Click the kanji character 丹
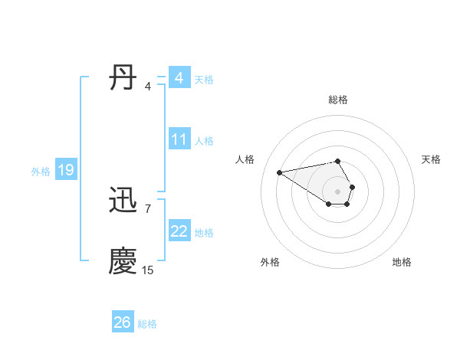coord(123,79)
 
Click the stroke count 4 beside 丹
coord(148,87)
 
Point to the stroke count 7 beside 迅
coord(148,209)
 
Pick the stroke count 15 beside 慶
coord(148,270)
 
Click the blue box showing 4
coord(179,78)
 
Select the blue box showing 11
coord(179,139)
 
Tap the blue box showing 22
coord(179,231)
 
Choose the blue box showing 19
coord(66,170)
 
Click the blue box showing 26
coord(122,322)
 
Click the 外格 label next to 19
coord(41,172)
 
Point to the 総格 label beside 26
coord(147,324)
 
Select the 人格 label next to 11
coord(204,141)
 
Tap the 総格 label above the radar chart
coord(338,100)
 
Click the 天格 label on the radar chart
coord(431,159)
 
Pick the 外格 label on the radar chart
coord(270,262)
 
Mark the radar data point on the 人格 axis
coord(280,172)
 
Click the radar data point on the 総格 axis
coord(338,161)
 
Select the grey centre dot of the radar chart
coord(338,191)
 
